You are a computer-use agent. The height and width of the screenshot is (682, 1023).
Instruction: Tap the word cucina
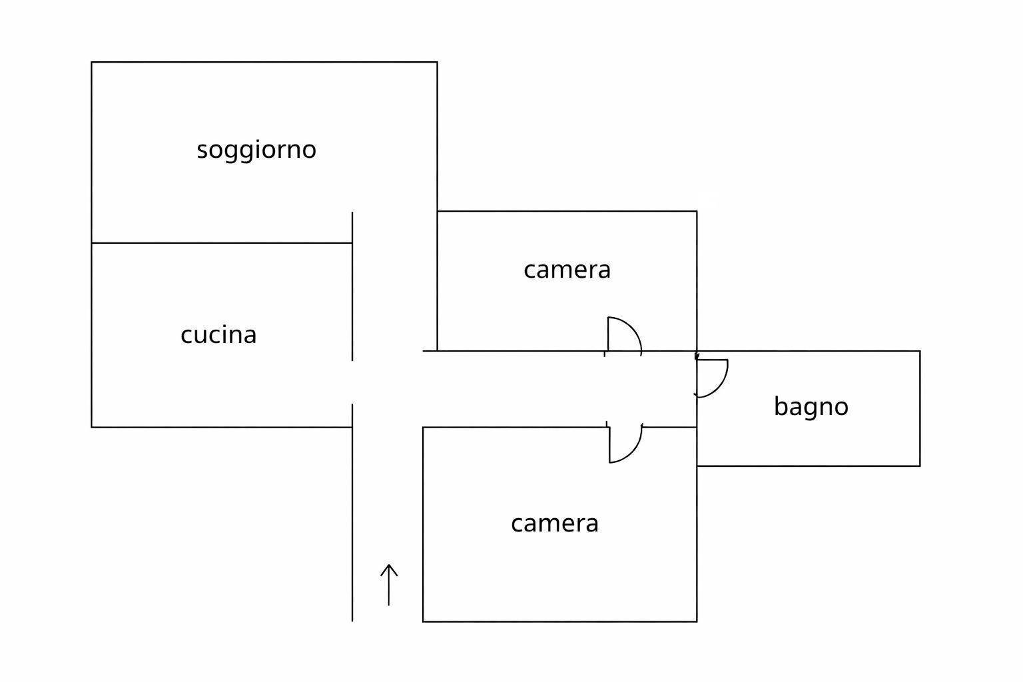tap(218, 335)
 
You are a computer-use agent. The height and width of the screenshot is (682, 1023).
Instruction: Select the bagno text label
tap(811, 407)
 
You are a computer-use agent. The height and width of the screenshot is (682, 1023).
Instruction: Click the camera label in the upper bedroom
tap(567, 270)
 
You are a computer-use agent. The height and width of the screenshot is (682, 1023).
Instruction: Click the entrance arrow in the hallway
tap(389, 585)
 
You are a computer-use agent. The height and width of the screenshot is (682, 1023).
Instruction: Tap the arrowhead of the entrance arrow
tap(389, 565)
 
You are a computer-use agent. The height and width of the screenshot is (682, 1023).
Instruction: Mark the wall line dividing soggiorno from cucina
tap(222, 243)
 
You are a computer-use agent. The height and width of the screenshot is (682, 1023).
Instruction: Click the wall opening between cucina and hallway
tap(352, 382)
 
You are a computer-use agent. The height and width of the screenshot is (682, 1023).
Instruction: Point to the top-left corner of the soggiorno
tap(92, 62)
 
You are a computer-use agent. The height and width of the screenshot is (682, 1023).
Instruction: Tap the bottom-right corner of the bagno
tap(920, 466)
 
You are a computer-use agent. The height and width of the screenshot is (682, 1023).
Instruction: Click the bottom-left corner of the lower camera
tap(423, 621)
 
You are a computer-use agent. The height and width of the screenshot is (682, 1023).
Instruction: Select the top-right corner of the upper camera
tap(697, 211)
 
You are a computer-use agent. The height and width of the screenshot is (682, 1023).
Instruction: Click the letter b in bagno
tap(781, 406)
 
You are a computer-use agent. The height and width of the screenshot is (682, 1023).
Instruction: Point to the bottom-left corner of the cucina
tap(92, 427)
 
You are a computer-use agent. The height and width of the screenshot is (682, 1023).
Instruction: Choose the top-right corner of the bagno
tap(920, 351)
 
